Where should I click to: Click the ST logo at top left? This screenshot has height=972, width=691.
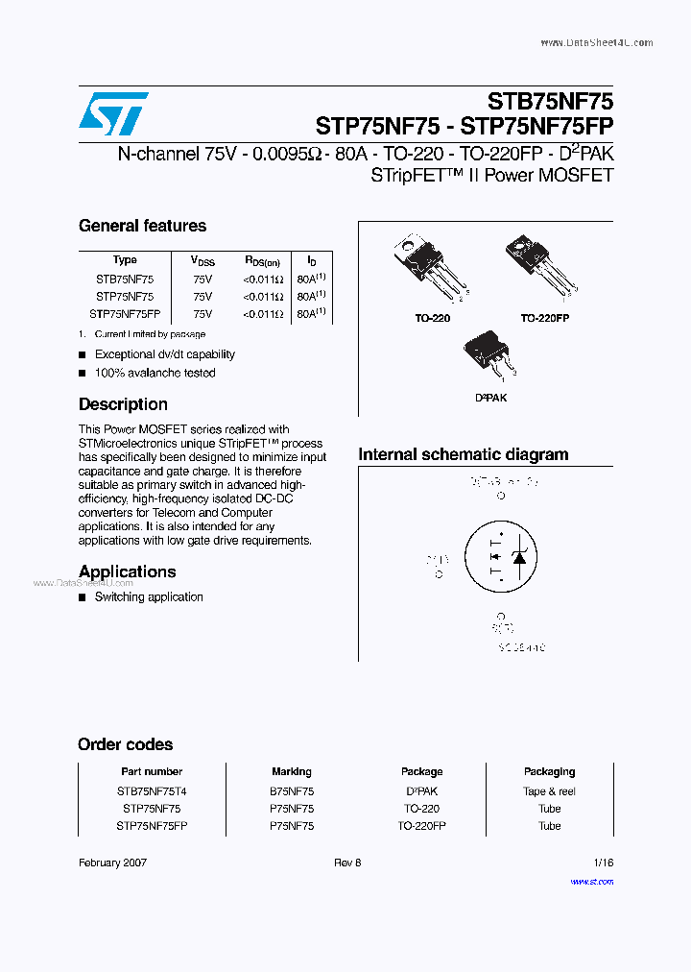tap(113, 113)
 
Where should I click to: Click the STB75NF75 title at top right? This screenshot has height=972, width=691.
tap(550, 101)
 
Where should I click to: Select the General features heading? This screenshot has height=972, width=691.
tap(142, 226)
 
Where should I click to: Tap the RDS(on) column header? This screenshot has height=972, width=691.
tap(262, 260)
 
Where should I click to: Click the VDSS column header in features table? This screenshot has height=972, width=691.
tap(203, 260)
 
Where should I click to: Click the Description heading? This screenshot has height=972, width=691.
tap(123, 404)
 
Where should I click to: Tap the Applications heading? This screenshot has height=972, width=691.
tap(127, 571)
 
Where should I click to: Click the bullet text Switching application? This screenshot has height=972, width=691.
tap(149, 597)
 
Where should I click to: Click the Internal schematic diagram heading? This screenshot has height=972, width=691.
tap(463, 454)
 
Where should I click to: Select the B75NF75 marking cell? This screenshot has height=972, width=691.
tap(292, 791)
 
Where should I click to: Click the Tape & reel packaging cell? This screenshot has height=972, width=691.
tap(549, 791)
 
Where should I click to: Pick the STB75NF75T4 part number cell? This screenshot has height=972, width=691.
tap(152, 791)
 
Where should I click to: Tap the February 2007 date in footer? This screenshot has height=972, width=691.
tap(112, 863)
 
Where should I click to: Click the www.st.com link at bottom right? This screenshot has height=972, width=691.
tap(591, 881)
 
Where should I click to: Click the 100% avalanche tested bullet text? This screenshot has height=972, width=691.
tap(155, 373)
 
